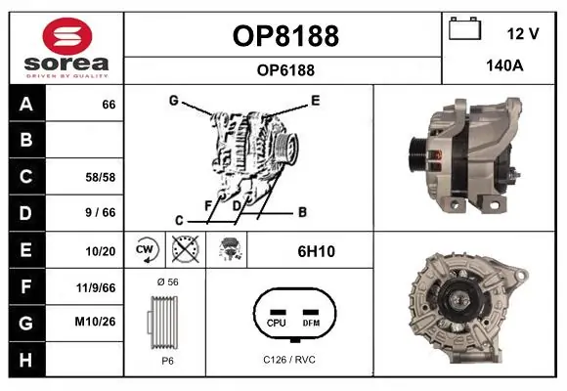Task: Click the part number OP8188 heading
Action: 285,36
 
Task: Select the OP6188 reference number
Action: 285,69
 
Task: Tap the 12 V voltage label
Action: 523,33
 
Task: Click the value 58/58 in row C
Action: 102,177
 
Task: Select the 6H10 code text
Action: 316,251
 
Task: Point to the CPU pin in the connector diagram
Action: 276,322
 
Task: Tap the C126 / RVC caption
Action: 289,360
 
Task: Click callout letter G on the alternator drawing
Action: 173,100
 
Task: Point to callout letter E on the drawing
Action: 315,100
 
